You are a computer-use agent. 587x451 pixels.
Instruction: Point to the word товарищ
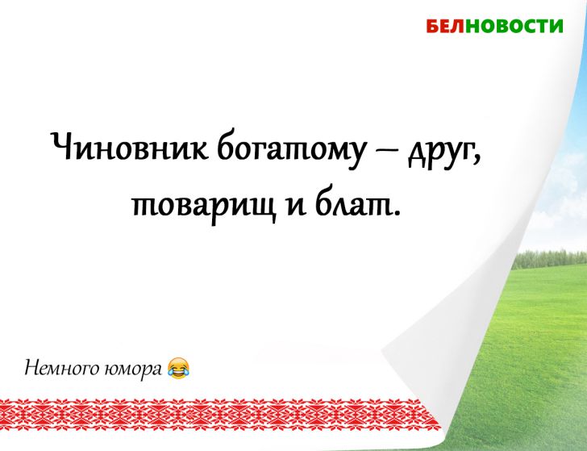pyautogui.click(x=198, y=207)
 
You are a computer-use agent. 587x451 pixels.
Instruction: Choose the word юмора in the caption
pyautogui.click(x=133, y=370)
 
